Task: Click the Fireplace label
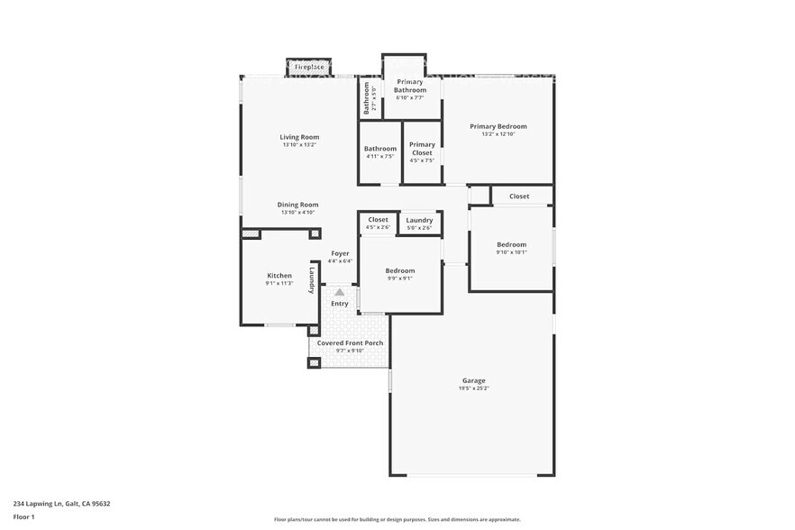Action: [309, 67]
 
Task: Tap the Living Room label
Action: [298, 137]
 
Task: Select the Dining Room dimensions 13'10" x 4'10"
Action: [298, 213]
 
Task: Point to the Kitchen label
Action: [279, 275]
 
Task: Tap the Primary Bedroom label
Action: [498, 126]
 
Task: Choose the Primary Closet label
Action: [422, 149]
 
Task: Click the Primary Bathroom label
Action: [411, 86]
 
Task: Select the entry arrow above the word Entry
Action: [339, 292]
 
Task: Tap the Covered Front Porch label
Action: [350, 343]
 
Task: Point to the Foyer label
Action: [340, 253]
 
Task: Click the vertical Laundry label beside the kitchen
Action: [312, 278]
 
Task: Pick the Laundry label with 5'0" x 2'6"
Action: [419, 220]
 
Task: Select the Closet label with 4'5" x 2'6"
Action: [379, 219]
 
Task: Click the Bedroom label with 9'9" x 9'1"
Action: [400, 270]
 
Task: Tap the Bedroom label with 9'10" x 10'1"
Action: [511, 244]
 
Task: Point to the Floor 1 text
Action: [23, 516]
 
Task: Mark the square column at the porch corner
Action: [314, 362]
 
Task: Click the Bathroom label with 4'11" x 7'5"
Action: [380, 149]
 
